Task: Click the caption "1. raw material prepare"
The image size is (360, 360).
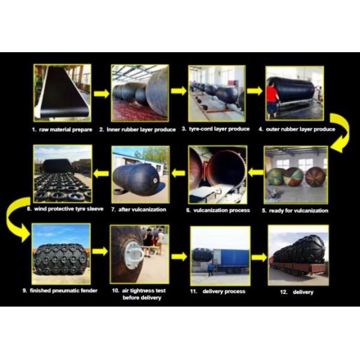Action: pyautogui.click(x=62, y=130)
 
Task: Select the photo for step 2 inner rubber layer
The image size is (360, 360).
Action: pyautogui.click(x=140, y=93)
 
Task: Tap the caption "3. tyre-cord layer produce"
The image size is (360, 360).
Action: pyautogui.click(x=215, y=129)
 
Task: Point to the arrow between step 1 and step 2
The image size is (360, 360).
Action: pyautogui.click(x=101, y=93)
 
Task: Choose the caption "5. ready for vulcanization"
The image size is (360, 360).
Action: pyautogui.click(x=295, y=211)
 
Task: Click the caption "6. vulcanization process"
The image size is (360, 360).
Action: pyautogui.click(x=218, y=211)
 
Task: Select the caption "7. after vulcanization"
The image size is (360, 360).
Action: pyautogui.click(x=139, y=209)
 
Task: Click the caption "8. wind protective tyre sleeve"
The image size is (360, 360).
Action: pyautogui.click(x=65, y=209)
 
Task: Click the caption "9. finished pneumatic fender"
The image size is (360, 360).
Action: pyautogui.click(x=60, y=290)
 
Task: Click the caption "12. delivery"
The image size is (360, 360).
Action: pyautogui.click(x=296, y=292)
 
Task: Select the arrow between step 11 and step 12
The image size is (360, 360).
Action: pyautogui.click(x=259, y=257)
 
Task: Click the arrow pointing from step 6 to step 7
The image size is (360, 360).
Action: pyautogui.click(x=179, y=173)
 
